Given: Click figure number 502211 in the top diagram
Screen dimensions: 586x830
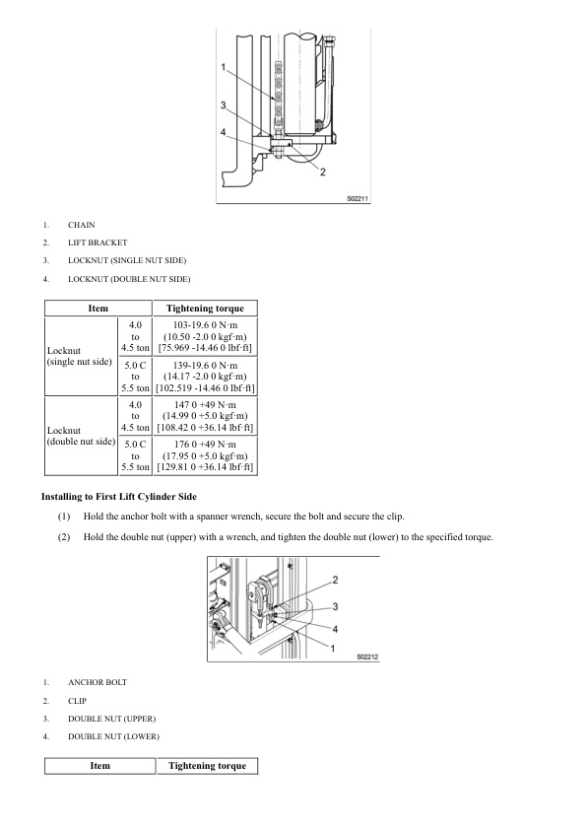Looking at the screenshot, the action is pyautogui.click(x=358, y=198).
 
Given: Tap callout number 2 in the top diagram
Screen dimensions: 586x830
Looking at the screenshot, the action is pyautogui.click(x=323, y=173).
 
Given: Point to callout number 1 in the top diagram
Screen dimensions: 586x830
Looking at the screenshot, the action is pyautogui.click(x=224, y=67).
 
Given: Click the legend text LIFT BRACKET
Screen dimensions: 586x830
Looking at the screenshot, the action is pyautogui.click(x=98, y=242).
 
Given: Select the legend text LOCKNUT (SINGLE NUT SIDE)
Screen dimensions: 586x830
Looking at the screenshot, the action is pyautogui.click(x=127, y=260).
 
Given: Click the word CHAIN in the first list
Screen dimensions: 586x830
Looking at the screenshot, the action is pyautogui.click(x=82, y=225).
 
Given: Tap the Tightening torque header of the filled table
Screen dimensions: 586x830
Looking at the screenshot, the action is pyautogui.click(x=205, y=309).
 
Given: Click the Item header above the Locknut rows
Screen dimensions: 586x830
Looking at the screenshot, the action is pyautogui.click(x=98, y=309).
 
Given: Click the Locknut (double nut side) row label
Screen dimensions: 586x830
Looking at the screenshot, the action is pyautogui.click(x=81, y=436).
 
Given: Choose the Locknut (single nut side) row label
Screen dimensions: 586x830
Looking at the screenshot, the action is pyautogui.click(x=80, y=356).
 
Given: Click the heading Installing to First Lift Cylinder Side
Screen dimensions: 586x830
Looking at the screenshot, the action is pyautogui.click(x=119, y=497).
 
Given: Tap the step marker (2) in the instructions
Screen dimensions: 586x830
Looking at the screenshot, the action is pyautogui.click(x=64, y=537).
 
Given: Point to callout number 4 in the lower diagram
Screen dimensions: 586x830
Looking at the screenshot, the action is pyautogui.click(x=335, y=629).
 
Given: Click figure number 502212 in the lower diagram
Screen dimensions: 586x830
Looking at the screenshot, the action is pyautogui.click(x=367, y=657).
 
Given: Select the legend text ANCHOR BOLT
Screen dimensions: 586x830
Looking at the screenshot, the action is pyautogui.click(x=98, y=683).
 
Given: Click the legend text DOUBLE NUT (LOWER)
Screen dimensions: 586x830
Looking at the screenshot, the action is pyautogui.click(x=113, y=736).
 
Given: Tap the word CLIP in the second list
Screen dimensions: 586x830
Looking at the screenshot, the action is pyautogui.click(x=77, y=701).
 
